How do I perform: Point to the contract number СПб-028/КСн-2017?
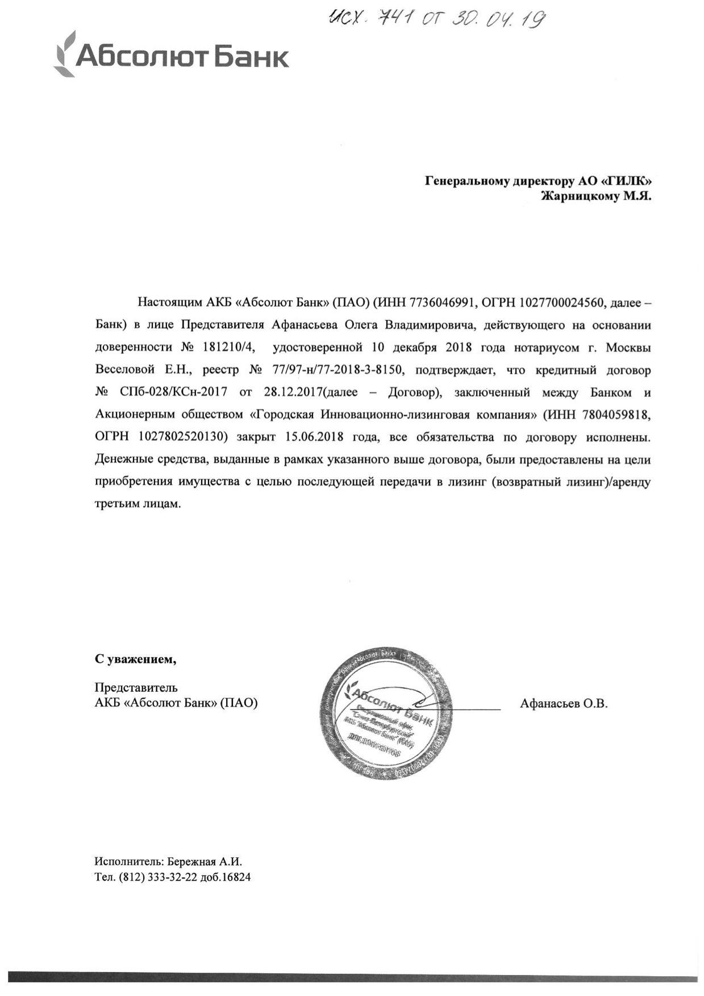tap(173, 392)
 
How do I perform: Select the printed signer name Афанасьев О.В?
tap(564, 704)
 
